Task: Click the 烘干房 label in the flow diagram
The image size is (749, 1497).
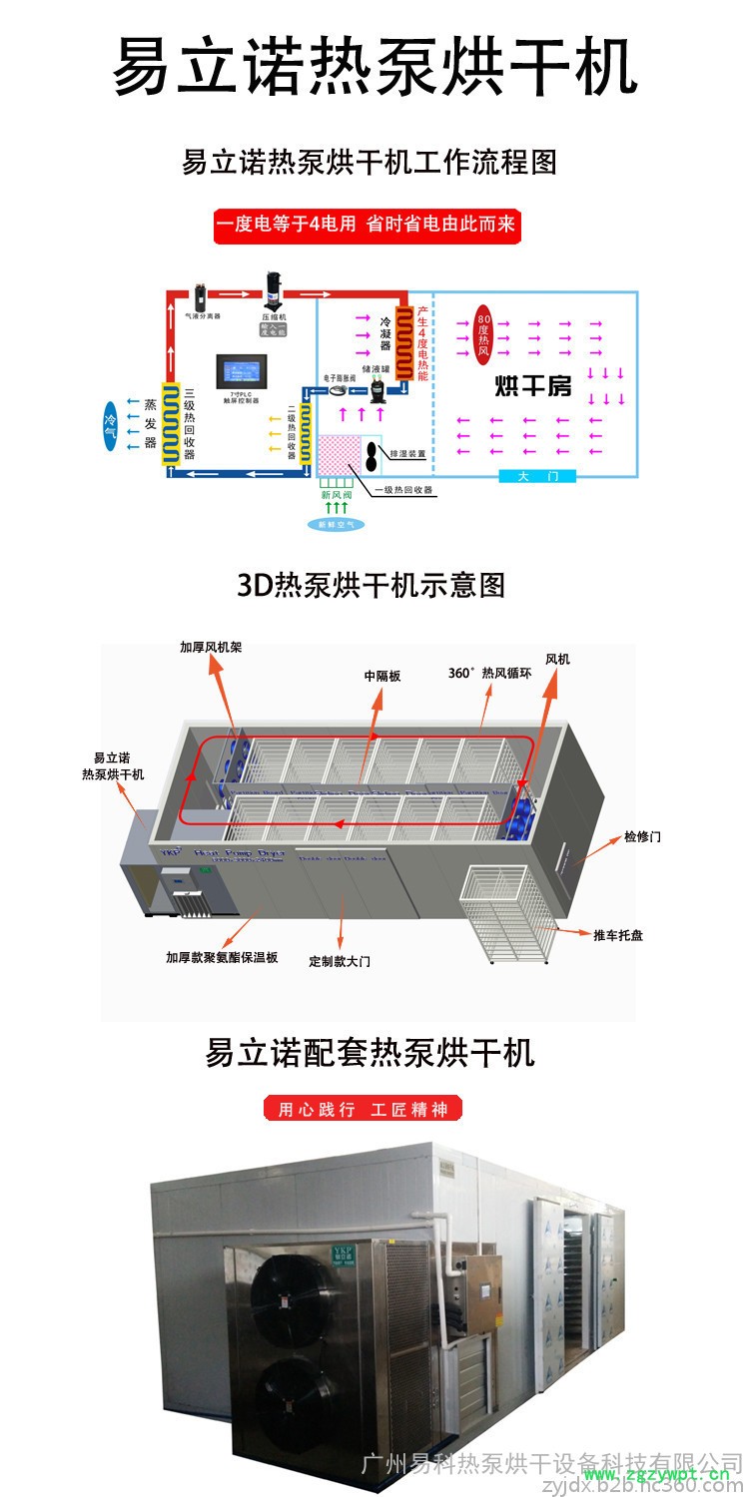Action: point(534,385)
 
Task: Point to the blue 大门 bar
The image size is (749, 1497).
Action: point(538,476)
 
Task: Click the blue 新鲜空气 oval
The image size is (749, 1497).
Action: point(335,523)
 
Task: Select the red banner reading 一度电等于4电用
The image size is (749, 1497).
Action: point(368,225)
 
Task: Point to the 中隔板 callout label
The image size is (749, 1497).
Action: point(382,676)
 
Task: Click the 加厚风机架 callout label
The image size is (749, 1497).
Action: point(211,647)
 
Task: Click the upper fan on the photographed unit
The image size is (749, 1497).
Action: point(291,1295)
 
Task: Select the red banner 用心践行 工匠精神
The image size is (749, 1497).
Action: point(363,1109)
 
